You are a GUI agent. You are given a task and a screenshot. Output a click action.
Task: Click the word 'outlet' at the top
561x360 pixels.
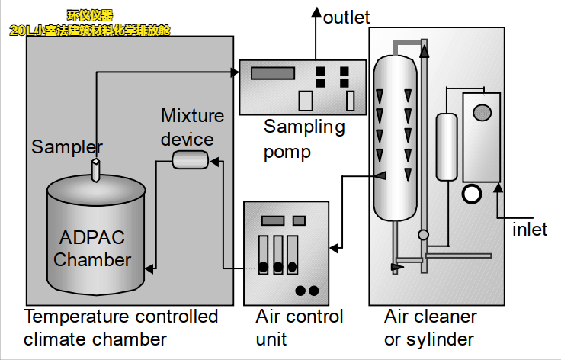coord(346,17)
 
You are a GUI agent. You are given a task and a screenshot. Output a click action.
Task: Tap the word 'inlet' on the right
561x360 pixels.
coord(530,229)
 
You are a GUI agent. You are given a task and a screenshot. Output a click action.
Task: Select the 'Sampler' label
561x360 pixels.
coord(67,147)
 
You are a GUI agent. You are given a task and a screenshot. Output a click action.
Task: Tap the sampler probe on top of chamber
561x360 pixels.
coord(95,170)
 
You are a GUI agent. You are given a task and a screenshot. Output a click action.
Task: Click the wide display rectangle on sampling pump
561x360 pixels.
coord(272,73)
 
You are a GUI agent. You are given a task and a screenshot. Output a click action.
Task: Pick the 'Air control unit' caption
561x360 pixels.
coord(299,327)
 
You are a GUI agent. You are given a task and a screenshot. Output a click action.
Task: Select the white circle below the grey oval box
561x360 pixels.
coord(472,194)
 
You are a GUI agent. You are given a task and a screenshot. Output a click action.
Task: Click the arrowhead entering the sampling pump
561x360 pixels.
coord(234,73)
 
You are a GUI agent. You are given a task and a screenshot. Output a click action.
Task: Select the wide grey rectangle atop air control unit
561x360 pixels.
coord(272,221)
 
